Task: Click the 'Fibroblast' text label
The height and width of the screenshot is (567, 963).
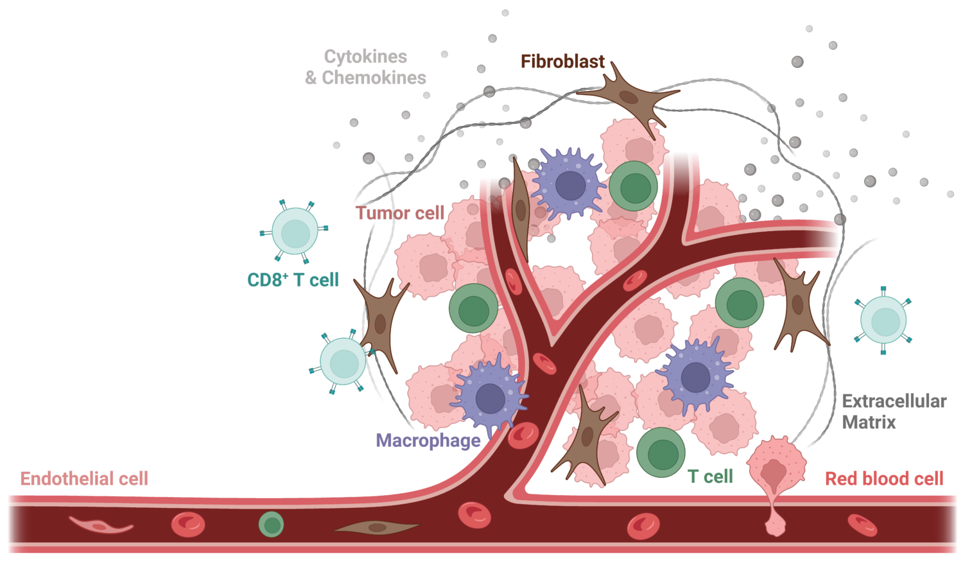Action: click(562, 62)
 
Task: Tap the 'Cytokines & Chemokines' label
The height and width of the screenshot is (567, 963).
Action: click(365, 67)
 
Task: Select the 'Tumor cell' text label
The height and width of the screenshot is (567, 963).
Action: click(399, 213)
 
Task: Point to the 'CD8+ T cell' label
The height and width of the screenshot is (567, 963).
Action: click(293, 279)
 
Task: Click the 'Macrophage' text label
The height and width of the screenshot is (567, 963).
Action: click(428, 441)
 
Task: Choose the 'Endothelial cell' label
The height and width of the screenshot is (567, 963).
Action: click(84, 478)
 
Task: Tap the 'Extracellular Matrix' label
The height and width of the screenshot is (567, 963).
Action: click(894, 412)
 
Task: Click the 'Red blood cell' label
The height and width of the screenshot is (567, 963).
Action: click(884, 478)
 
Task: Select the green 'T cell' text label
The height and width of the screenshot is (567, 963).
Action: click(710, 476)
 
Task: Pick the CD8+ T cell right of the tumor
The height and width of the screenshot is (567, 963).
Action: click(883, 320)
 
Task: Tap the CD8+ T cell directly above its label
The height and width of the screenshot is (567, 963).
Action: click(295, 231)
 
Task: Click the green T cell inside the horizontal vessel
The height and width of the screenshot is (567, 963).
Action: click(271, 525)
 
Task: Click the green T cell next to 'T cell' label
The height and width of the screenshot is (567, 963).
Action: click(661, 453)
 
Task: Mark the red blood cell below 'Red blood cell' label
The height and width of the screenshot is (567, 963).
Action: click(862, 525)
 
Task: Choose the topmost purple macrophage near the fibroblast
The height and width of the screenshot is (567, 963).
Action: click(569, 184)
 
